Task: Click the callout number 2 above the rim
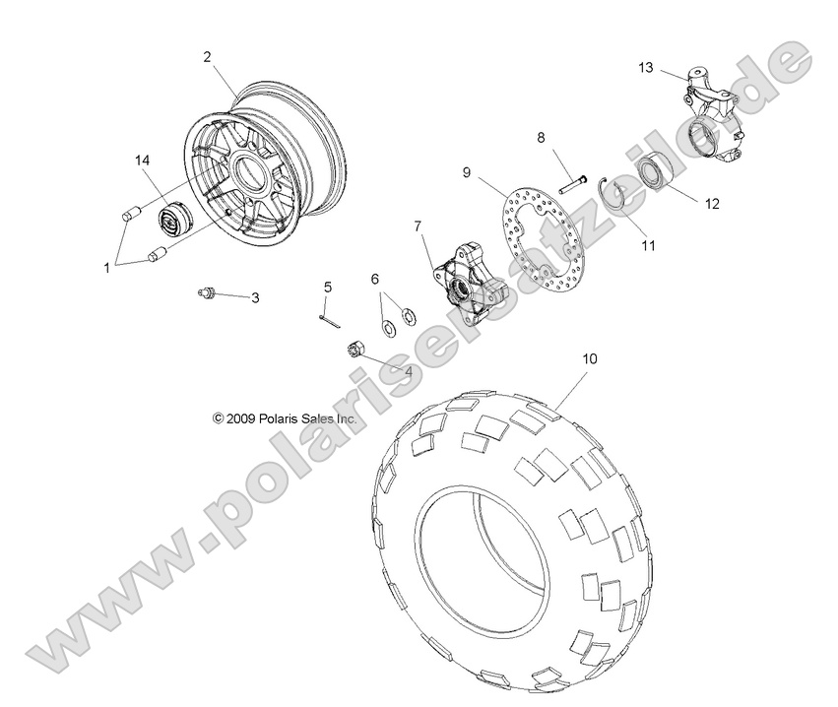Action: [x=207, y=57]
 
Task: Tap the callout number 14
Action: [x=145, y=160]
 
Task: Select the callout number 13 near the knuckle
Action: [x=645, y=68]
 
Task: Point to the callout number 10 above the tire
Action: [x=589, y=360]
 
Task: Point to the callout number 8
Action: [x=541, y=138]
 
